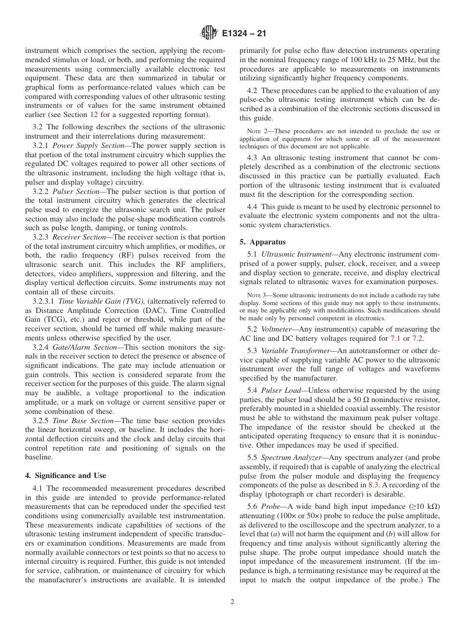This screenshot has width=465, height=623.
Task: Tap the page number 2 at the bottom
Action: pos(232,602)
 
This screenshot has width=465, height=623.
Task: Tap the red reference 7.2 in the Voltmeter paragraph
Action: pos(418,338)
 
